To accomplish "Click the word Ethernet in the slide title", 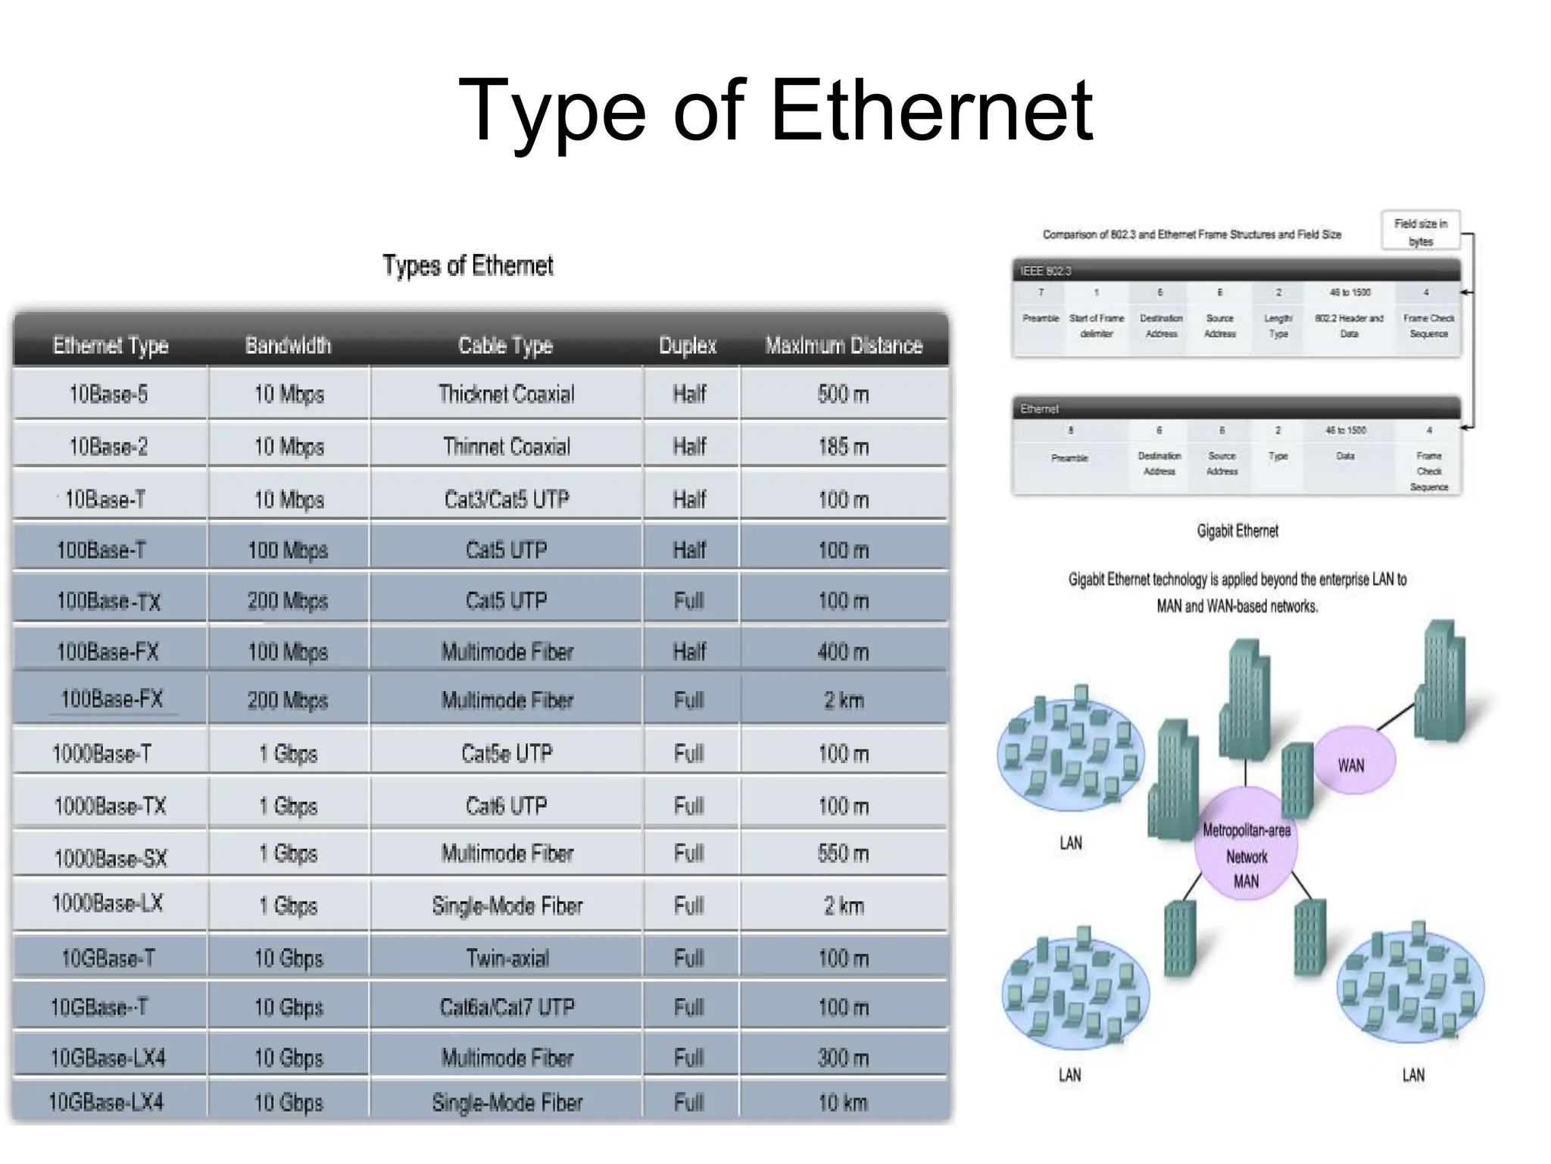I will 932,111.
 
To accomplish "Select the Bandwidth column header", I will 288,346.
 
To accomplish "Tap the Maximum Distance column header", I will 844,346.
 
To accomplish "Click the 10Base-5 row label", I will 108,394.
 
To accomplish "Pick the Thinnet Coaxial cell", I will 506,446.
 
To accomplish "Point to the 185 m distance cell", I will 843,446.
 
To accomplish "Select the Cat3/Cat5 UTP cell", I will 506,499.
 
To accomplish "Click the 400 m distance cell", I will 843,651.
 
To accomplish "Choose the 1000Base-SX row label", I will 110,858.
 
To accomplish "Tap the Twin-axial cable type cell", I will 507,958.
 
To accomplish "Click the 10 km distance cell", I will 843,1102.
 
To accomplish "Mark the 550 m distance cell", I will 843,853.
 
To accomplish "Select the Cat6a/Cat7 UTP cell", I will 507,1007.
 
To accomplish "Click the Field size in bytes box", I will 1420,231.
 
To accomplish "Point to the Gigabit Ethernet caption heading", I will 1237,530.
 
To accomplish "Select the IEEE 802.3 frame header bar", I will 1236,271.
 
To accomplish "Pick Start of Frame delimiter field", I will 1096,325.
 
